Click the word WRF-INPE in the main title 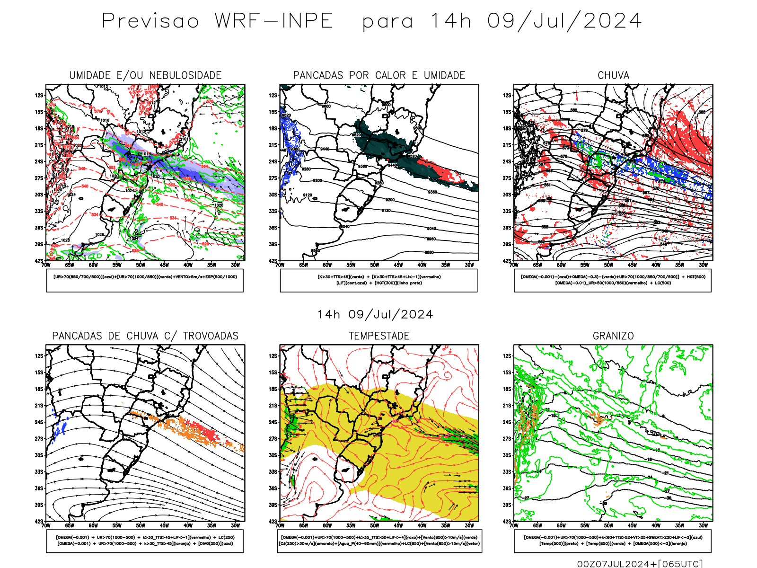(x=274, y=21)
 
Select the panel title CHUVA (x=613, y=75)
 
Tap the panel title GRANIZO (x=613, y=336)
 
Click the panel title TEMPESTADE (x=379, y=336)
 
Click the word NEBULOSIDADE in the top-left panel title (x=185, y=75)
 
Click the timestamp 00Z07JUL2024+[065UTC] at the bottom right (x=640, y=564)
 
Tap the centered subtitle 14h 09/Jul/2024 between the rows (x=375, y=315)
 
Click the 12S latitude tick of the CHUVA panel (x=508, y=96)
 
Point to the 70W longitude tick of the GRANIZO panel (x=514, y=525)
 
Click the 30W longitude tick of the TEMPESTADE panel (x=469, y=525)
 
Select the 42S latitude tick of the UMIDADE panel (x=39, y=261)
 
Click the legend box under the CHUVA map (x=613, y=280)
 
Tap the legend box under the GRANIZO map (x=613, y=541)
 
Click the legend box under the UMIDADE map (x=145, y=280)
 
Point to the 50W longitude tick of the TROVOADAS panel (x=141, y=525)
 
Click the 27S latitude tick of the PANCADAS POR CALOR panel (x=273, y=178)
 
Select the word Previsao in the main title (x=150, y=21)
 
